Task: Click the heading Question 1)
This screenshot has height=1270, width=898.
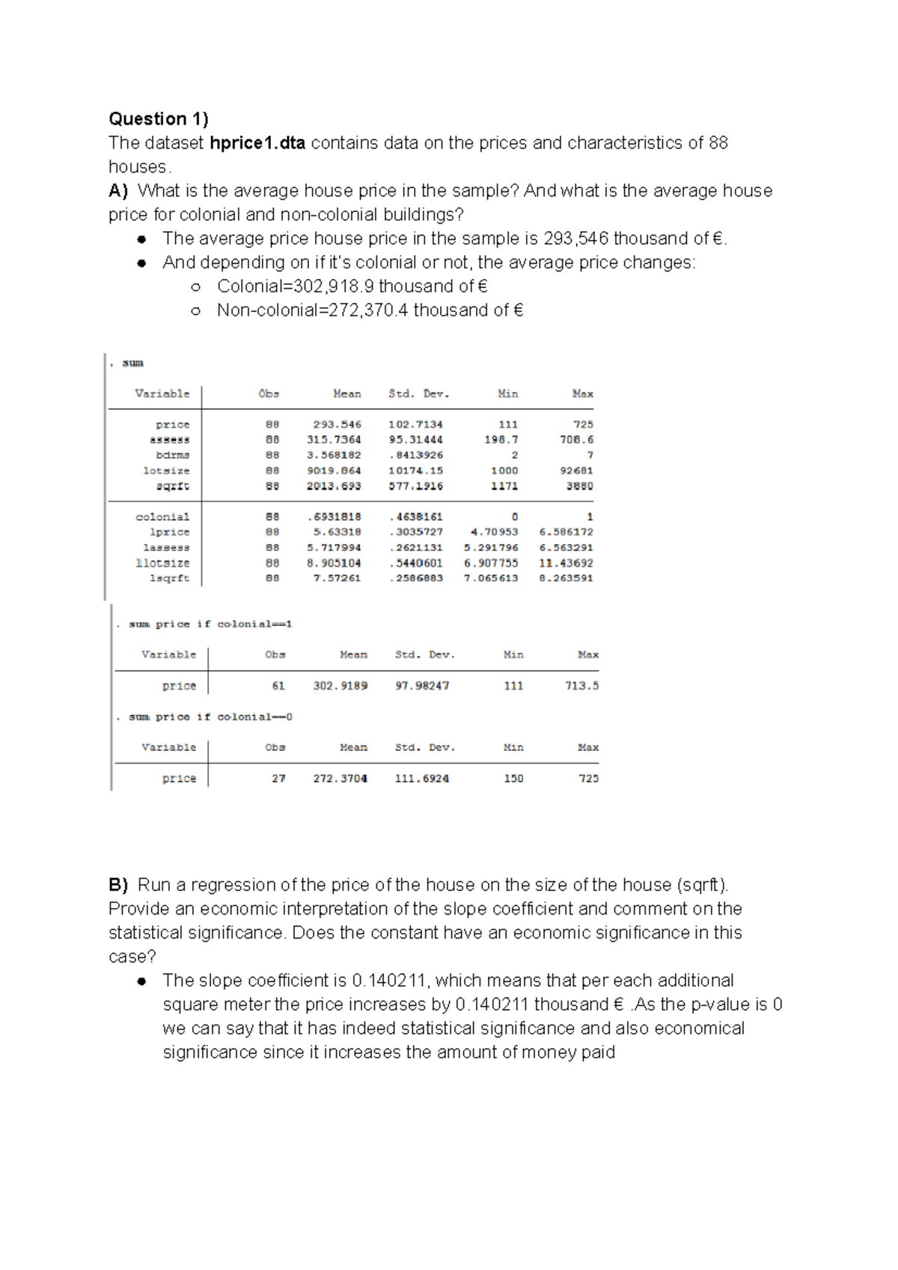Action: point(159,119)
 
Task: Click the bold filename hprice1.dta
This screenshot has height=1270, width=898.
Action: point(257,143)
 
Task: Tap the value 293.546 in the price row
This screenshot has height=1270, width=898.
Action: point(337,424)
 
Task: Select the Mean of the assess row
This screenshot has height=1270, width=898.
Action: point(334,440)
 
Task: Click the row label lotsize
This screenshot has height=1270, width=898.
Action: point(166,470)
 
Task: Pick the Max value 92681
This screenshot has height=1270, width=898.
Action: point(576,470)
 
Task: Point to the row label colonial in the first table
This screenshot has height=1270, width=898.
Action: point(162,517)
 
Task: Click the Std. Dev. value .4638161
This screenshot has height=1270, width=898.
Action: point(415,517)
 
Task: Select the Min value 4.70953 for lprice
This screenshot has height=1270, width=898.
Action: point(494,532)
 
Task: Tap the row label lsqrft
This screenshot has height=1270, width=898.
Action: point(170,578)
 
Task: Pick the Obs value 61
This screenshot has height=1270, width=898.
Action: point(278,686)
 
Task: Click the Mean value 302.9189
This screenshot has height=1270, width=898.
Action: point(340,686)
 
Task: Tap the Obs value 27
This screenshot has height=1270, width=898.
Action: point(278,779)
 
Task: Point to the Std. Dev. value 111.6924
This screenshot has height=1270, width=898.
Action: point(422,779)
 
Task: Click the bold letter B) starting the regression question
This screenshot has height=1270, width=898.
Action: point(118,885)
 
